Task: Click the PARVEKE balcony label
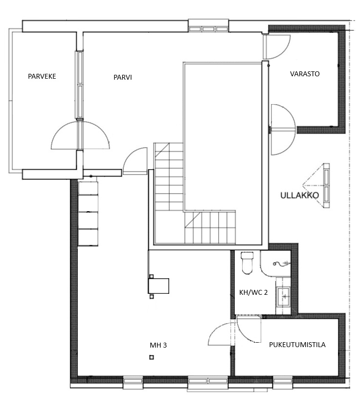point(42,76)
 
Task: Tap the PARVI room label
point(122,77)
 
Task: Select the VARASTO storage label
point(305,74)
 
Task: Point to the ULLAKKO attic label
point(299,195)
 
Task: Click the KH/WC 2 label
point(253,292)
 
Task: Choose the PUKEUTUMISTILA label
point(297,345)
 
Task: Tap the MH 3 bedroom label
point(158,345)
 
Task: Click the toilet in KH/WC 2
point(247,263)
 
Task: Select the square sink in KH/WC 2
point(283,297)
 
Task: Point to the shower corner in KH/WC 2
point(275,263)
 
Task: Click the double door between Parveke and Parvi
point(80,135)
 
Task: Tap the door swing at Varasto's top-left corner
point(276,47)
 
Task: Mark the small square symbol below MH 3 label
point(152,357)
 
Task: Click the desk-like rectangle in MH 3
point(158,285)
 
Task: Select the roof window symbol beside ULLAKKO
point(316,185)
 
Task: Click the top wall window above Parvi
point(208,29)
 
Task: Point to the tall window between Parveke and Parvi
point(79,85)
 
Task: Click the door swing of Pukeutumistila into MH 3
point(222,334)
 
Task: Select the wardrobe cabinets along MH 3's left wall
point(88,213)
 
